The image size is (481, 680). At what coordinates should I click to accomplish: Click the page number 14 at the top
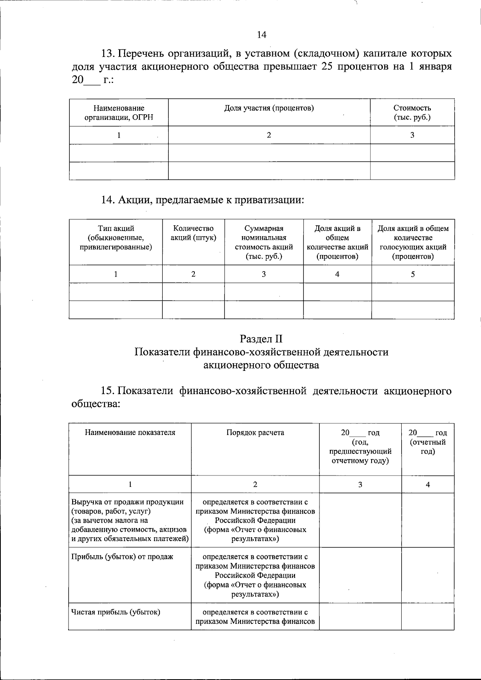261,35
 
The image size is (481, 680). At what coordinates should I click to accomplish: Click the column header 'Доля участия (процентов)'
269,108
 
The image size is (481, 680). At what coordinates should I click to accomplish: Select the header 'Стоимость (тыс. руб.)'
412,113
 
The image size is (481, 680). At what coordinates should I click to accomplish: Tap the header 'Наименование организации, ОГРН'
119,113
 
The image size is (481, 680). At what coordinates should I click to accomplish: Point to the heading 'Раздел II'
261,339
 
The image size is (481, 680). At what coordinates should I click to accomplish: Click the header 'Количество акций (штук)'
193,233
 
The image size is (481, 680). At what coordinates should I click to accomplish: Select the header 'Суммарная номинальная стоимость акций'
264,242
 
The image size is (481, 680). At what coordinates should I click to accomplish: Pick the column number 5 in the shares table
413,274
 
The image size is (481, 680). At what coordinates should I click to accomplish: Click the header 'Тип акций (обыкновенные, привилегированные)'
116,238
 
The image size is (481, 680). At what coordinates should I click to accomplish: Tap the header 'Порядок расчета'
255,433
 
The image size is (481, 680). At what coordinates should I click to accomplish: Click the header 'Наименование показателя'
130,433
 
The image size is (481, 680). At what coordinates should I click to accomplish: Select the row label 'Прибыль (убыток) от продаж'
122,557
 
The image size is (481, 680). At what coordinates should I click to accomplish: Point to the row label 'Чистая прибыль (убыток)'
116,612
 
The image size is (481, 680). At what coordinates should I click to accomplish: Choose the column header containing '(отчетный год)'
428,442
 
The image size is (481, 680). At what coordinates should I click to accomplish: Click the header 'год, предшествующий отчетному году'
360,447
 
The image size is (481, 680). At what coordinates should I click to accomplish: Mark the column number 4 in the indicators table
428,484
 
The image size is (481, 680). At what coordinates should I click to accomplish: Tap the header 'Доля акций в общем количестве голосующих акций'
413,242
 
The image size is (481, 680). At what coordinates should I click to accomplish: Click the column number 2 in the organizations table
269,135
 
